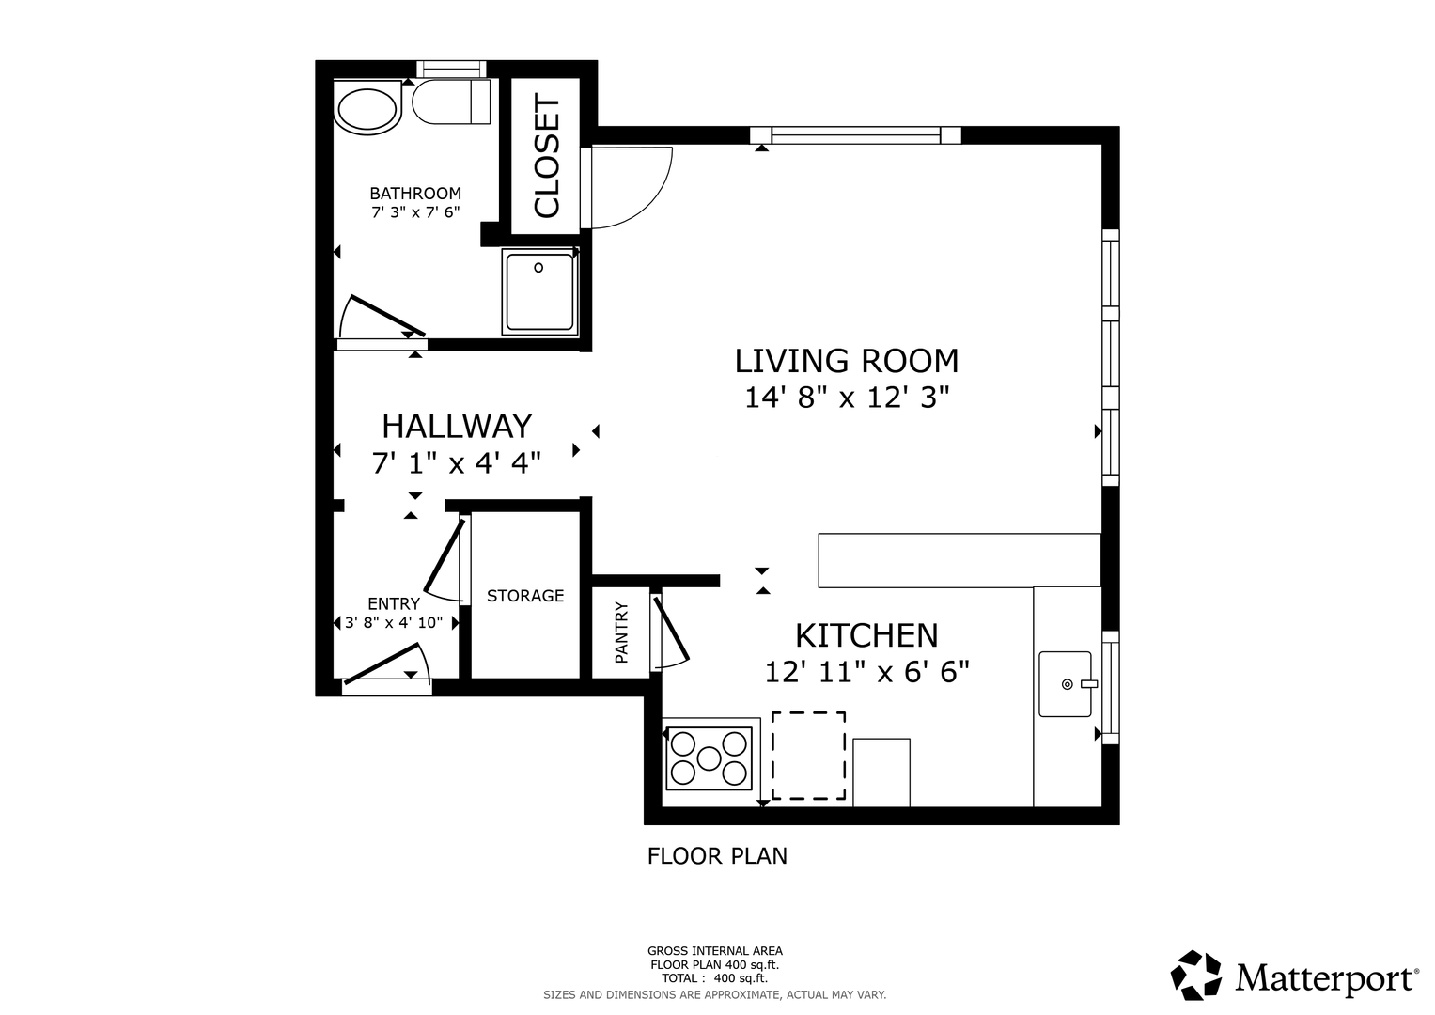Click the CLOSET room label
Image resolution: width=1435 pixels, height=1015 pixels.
(546, 156)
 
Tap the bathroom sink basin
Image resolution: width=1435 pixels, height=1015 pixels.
(367, 110)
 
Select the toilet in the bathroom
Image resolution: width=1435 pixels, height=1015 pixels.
(451, 101)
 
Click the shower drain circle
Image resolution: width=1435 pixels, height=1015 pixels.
(538, 268)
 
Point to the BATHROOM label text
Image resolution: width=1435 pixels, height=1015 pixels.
(415, 193)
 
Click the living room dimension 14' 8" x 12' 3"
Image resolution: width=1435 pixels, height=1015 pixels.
(847, 398)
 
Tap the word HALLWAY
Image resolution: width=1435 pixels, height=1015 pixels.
(457, 426)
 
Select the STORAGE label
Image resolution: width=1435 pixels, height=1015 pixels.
(525, 596)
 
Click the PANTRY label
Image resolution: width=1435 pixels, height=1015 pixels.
(621, 632)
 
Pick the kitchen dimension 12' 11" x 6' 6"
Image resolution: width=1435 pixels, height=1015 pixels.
(867, 672)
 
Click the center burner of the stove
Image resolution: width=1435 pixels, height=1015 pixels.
(710, 758)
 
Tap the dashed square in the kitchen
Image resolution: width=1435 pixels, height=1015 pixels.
(808, 756)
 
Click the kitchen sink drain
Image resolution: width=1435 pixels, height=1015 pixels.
(1068, 684)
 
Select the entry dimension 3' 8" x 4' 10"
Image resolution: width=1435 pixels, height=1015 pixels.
(394, 623)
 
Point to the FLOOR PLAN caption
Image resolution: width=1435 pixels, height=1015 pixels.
(718, 856)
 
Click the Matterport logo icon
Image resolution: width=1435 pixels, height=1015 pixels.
(1195, 975)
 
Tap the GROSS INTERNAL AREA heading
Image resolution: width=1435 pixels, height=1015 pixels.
(715, 951)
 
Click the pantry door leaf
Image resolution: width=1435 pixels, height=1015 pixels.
(671, 629)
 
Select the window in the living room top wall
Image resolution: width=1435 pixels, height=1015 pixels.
(856, 135)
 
